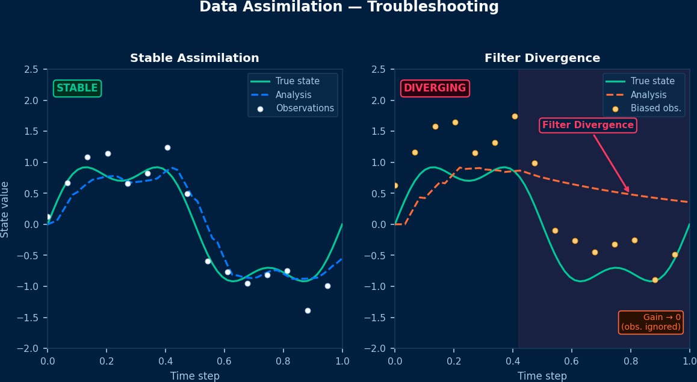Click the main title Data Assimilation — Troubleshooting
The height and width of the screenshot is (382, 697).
click(348, 7)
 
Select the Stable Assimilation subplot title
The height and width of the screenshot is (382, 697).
click(194, 58)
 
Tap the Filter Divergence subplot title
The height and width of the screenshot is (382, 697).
click(542, 58)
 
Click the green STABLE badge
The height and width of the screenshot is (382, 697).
click(77, 88)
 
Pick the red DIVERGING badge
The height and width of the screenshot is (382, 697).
click(435, 88)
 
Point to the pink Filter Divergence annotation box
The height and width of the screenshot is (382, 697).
click(587, 125)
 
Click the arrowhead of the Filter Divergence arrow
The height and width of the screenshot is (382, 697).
click(628, 191)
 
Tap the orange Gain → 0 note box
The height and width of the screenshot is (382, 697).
click(651, 322)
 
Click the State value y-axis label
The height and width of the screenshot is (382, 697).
click(5, 209)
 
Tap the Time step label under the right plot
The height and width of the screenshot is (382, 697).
click(542, 376)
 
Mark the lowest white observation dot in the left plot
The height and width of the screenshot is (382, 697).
click(308, 310)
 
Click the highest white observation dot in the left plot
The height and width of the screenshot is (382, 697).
click(167, 147)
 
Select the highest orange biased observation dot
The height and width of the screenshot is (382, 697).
click(515, 116)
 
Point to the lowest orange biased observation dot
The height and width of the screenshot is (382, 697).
click(655, 280)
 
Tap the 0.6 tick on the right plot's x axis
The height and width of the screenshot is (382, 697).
click(571, 360)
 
